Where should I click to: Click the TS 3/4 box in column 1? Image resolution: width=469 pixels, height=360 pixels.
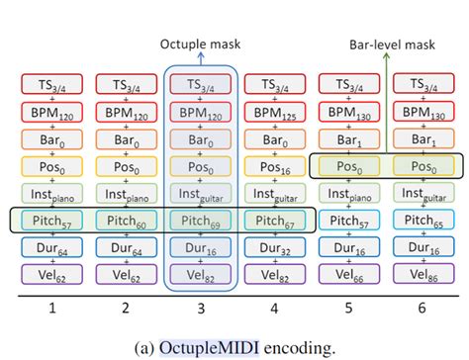[x=53, y=87]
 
